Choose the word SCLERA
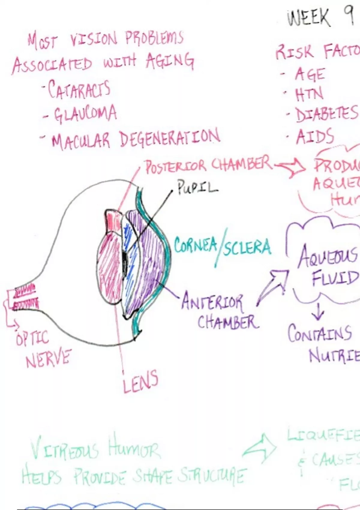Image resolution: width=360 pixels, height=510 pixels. click(x=247, y=247)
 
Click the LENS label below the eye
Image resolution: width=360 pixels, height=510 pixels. click(x=140, y=382)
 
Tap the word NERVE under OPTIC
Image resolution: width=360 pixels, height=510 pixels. click(x=48, y=358)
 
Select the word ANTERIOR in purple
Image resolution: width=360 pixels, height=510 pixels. click(x=212, y=301)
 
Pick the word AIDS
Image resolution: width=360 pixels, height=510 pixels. click(x=315, y=136)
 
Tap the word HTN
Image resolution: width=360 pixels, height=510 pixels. click(x=309, y=94)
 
